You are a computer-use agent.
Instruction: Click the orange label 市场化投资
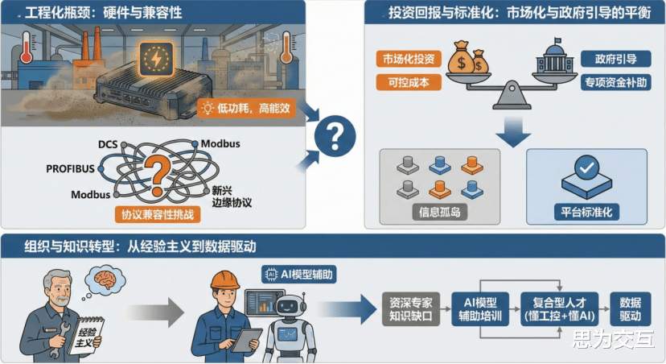point(407,59)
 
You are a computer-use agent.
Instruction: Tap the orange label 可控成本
point(407,82)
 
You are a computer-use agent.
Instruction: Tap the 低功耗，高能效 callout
point(247,107)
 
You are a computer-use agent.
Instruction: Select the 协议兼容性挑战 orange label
point(159,215)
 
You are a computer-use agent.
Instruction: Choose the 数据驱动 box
point(631,308)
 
